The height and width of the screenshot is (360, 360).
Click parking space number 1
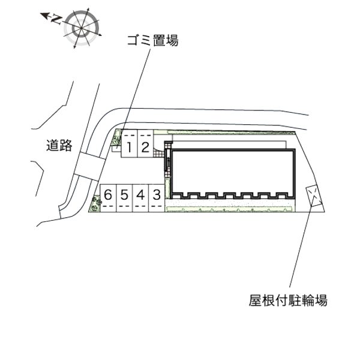(129, 144)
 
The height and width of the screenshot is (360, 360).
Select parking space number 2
(145, 144)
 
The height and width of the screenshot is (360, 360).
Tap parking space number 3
(157, 198)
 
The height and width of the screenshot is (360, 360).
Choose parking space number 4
(140, 198)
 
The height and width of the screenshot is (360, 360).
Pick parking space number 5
(124, 198)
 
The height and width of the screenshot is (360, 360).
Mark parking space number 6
(108, 198)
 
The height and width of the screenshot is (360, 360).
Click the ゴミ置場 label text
(153, 41)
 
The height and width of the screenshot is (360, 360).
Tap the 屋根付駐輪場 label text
(288, 301)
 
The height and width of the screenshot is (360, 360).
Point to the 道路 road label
(59, 145)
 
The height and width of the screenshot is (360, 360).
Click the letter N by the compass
(56, 20)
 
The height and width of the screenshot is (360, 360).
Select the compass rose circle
(82, 28)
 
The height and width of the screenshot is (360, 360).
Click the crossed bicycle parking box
(314, 196)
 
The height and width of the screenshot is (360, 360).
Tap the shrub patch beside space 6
(95, 203)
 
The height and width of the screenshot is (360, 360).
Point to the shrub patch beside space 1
(116, 137)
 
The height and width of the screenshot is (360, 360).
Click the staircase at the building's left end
(168, 160)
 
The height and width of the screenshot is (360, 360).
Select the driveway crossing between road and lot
(90, 166)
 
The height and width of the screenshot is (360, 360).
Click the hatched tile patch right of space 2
(158, 152)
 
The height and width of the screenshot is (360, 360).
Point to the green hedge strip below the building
(230, 209)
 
